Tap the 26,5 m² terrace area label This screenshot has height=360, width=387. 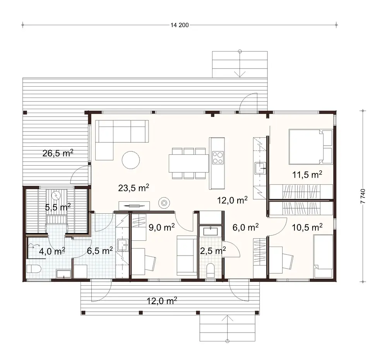tap(58, 153)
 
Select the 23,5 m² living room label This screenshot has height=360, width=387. tap(134, 188)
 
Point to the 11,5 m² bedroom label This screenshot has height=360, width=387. tap(307, 175)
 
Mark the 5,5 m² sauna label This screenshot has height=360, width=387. tap(58, 207)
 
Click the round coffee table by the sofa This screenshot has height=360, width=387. tap(131, 160)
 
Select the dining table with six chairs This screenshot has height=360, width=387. tap(188, 163)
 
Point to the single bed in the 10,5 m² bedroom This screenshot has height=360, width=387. tap(323, 257)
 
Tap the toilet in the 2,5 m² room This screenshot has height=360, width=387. tap(211, 270)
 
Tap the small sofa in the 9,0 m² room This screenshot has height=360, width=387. tap(187, 255)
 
